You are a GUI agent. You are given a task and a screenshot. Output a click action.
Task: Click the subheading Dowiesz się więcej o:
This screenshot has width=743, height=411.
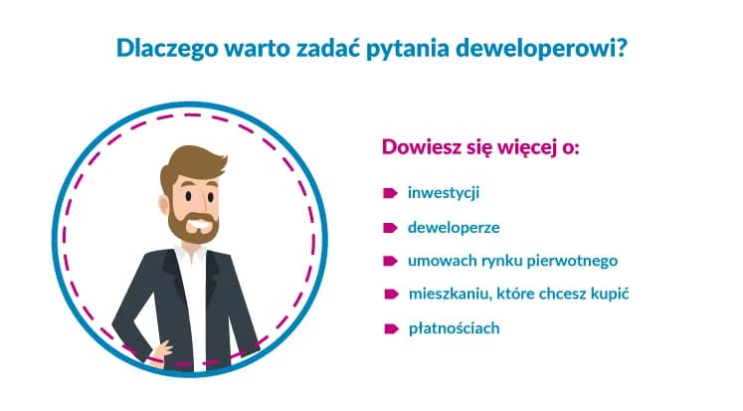[x=480, y=148]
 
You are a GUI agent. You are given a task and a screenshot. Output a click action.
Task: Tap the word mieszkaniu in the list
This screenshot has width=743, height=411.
[x=446, y=295]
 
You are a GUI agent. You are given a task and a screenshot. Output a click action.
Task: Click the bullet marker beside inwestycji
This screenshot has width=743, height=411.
[x=391, y=192]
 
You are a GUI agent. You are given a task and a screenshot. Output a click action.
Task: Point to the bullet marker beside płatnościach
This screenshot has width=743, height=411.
[x=391, y=327]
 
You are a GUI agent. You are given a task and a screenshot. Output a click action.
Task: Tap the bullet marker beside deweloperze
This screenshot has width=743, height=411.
[x=391, y=226]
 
